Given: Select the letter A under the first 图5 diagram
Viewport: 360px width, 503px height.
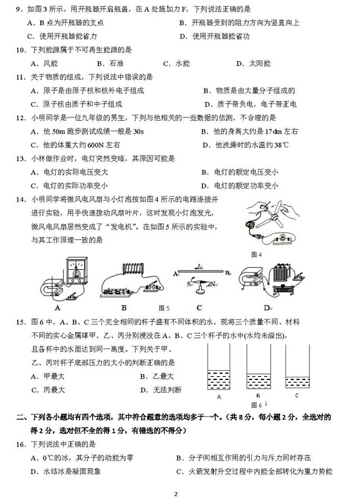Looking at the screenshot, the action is (x=58, y=308).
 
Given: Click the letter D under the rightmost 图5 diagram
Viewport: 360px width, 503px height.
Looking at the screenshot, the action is (x=267, y=307).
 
